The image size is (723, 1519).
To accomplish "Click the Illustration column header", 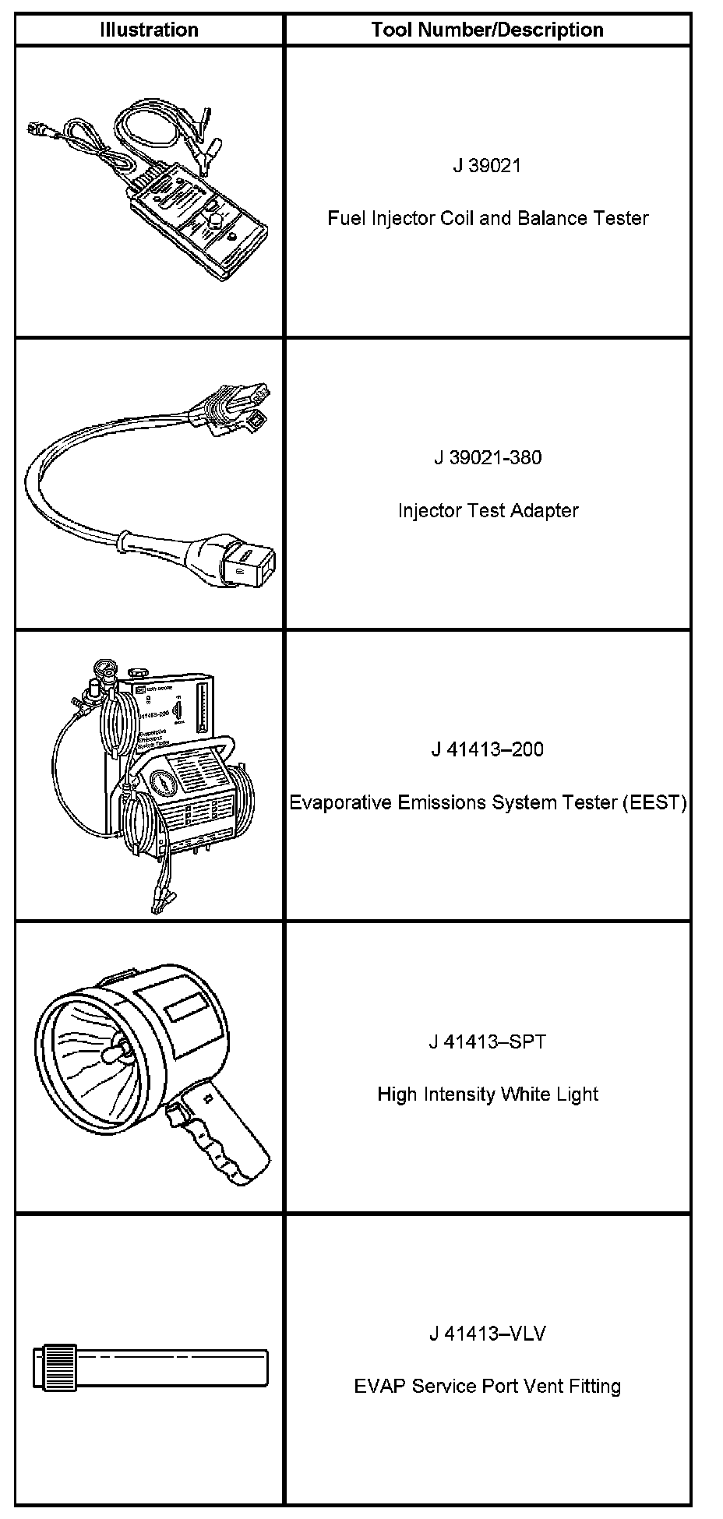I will coord(149,30).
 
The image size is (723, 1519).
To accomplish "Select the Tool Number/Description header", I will coord(487,30).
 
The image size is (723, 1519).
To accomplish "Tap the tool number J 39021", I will coord(487,165).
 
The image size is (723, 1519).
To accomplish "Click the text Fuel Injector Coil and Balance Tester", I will coord(487,218).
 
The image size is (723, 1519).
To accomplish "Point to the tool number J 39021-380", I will coord(487,457).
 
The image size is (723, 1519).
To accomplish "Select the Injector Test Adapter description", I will coord(487,511).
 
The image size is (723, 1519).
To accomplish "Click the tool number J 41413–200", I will coord(487,749).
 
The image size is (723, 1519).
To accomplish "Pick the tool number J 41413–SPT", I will coord(487,1041).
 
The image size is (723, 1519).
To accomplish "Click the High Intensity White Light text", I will coord(487,1094).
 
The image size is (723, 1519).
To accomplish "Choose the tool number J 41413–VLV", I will coord(487,1334).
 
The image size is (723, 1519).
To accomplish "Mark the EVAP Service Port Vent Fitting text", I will coord(487,1387).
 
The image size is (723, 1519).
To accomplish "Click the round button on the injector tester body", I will coord(212,224).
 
